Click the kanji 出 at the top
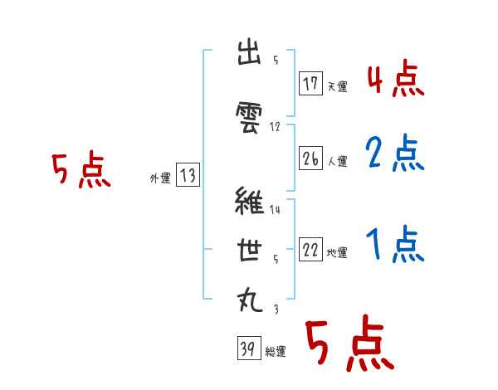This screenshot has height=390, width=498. click(x=249, y=52)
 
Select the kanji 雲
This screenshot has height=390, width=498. click(x=249, y=118)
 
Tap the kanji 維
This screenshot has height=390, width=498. click(x=249, y=201)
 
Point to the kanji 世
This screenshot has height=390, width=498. click(x=249, y=250)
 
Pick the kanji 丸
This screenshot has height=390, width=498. click(x=250, y=300)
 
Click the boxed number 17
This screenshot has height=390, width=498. click(x=310, y=83)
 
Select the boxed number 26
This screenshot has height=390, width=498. click(x=310, y=158)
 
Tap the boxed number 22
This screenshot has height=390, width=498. click(x=310, y=249)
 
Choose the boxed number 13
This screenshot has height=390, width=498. click(x=188, y=174)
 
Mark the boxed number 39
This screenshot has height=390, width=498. click(x=249, y=348)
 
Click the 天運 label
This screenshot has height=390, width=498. click(x=337, y=86)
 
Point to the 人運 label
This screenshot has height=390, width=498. click(x=337, y=161)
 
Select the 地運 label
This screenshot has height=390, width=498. click(x=337, y=252)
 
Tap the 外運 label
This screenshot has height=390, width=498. click(x=160, y=178)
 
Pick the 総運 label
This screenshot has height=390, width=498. click(x=276, y=351)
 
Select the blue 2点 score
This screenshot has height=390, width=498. click(x=395, y=153)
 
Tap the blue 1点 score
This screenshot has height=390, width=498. click(x=395, y=244)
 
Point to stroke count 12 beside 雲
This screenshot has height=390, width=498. click(x=275, y=127)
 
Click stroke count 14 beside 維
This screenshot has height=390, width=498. click(x=275, y=209)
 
